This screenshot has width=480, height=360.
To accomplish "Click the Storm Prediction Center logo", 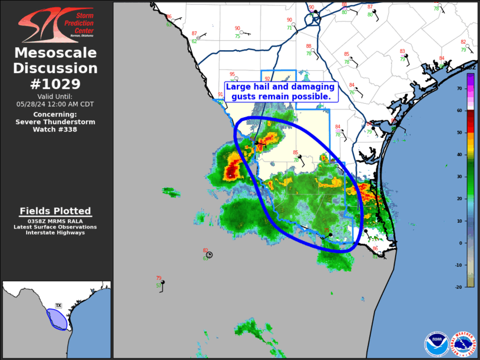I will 56,25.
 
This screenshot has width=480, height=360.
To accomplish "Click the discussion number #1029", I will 56,83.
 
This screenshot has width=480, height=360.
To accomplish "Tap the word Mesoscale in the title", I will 56,53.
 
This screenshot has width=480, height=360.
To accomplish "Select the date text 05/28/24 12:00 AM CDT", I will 56,104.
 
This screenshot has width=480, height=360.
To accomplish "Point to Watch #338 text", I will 56,129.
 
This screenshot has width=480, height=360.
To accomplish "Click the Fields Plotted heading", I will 55,211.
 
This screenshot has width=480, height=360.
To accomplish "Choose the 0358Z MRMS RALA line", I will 55,221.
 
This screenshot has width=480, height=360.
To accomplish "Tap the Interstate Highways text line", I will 55,233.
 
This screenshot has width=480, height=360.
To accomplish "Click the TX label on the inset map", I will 58,305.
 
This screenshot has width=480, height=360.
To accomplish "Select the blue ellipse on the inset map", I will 57,318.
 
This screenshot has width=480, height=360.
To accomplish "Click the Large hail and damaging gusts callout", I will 280,91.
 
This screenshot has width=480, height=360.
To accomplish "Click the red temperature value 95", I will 232,74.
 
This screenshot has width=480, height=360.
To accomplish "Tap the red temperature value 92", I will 267,79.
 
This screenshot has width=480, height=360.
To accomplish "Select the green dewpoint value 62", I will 194,41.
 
